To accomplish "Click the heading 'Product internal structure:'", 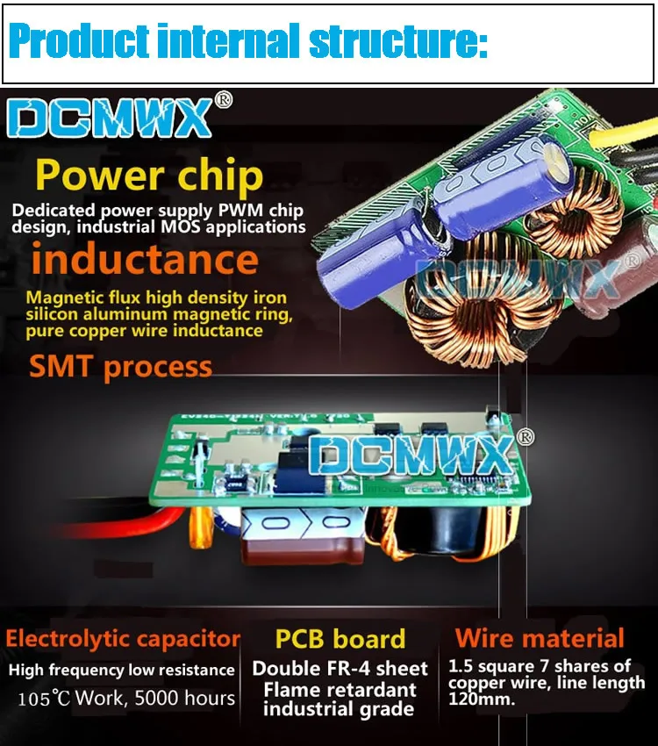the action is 247,41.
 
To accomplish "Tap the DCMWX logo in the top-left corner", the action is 110,119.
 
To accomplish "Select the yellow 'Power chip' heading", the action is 149,176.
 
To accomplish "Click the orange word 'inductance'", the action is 145,260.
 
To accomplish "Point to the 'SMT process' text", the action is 121,366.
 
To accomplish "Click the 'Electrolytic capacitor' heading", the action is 123,639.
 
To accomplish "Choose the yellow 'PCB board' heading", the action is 340,639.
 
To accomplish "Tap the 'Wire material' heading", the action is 540,639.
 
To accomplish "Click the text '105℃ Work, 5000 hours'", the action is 127,699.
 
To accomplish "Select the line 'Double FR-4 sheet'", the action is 340,669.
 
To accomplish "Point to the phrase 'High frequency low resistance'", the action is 122,671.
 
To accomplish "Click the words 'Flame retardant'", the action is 340,690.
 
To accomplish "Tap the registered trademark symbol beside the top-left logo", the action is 224,100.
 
